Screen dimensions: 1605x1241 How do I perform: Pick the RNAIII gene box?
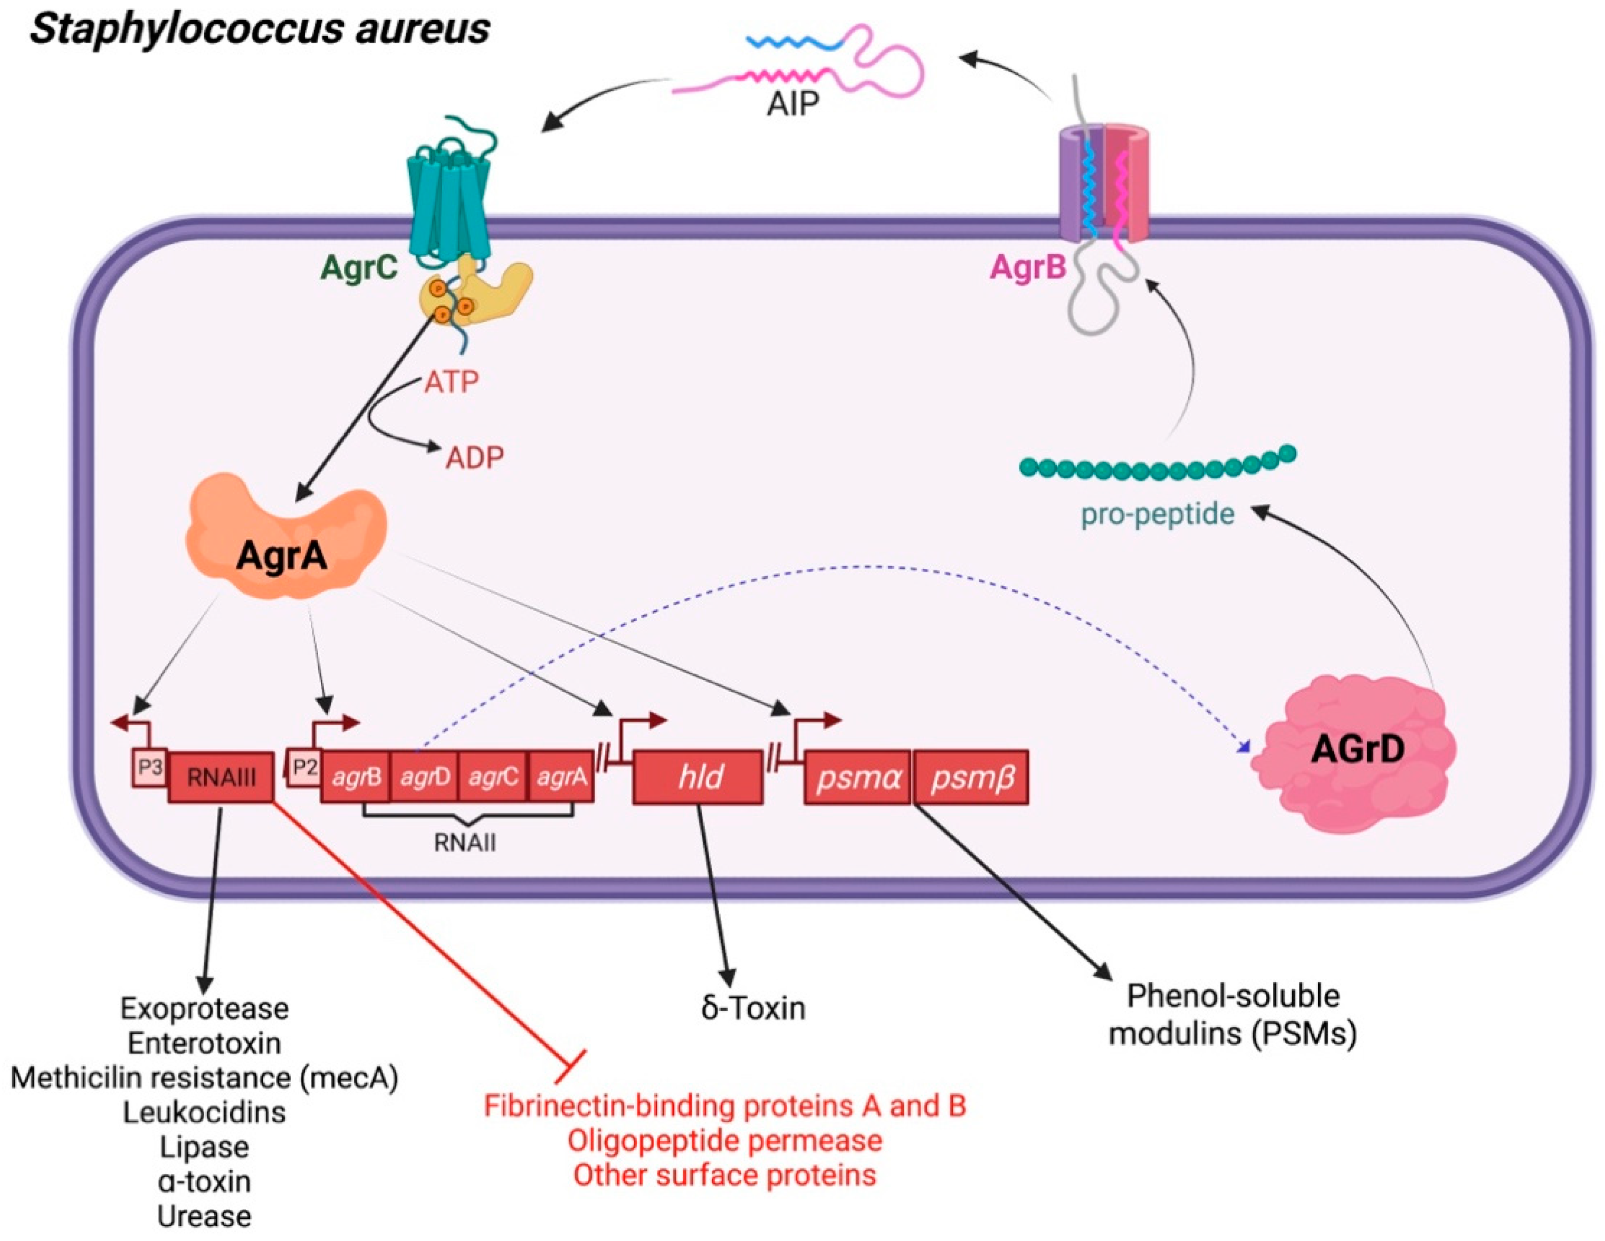tap(221, 777)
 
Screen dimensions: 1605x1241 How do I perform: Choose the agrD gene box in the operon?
tap(425, 777)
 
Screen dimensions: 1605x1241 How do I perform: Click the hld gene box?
tap(698, 777)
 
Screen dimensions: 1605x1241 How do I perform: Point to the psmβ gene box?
tap(971, 777)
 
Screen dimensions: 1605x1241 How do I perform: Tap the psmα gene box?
tap(857, 777)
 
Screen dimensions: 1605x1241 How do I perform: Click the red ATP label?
tap(451, 381)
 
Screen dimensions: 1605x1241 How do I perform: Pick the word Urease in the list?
tap(204, 1216)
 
